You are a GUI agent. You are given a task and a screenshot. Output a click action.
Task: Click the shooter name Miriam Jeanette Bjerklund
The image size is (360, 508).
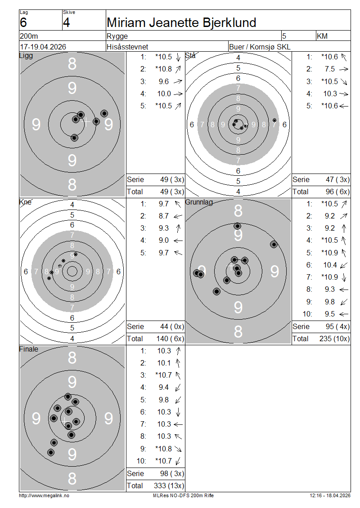coord(181,22)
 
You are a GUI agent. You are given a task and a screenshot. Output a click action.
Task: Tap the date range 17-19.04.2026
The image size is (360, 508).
coord(43,47)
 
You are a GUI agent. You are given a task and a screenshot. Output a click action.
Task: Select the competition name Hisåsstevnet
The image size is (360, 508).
coord(127,47)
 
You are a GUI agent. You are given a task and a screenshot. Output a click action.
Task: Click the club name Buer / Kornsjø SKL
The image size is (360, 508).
coord(260,47)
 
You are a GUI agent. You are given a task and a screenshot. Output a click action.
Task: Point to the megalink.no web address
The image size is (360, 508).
coord(44,495)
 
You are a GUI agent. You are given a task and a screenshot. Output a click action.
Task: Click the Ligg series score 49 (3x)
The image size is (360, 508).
coord(172,179)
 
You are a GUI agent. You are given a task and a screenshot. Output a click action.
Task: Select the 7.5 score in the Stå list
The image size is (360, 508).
coord(330,69)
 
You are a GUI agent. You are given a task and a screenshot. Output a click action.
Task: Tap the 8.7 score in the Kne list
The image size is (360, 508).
coord(164,216)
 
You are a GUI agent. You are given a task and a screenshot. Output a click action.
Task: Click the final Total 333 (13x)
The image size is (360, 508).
coord(169,486)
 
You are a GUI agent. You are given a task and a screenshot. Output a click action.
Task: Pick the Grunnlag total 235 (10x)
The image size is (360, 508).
coord(334,339)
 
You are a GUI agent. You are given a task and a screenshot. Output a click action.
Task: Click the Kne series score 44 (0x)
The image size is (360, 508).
coord(172,326)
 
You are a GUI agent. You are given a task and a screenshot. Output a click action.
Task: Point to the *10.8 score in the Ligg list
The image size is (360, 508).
coord(163,69)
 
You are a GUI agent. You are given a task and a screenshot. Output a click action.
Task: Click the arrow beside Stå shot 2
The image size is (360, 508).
coord(344,69)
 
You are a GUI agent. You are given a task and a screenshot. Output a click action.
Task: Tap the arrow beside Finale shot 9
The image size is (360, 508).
coord(178,449)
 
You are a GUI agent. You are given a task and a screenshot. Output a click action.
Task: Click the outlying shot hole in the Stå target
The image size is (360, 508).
coord(274,120)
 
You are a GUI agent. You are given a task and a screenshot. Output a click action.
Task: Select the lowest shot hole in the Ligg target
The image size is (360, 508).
coord(74,138)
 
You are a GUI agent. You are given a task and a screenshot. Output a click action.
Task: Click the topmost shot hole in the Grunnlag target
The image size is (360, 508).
coord(238,226)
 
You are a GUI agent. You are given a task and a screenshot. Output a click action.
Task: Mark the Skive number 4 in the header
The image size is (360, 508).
coord(67,22)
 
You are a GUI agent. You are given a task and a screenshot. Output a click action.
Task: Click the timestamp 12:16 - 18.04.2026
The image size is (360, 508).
coord(330,495)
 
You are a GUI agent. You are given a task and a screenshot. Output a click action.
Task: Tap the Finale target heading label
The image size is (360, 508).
coord(28,349)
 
